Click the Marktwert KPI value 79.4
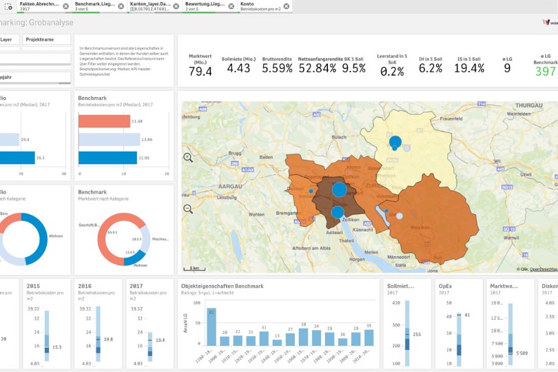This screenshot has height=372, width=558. pyautogui.click(x=200, y=71)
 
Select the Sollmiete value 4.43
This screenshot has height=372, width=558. pyautogui.click(x=238, y=68)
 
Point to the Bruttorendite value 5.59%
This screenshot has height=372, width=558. pyautogui.click(x=277, y=68)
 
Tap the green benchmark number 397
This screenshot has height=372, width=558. pyautogui.click(x=545, y=72)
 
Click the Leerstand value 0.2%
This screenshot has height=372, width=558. pyautogui.click(x=392, y=72)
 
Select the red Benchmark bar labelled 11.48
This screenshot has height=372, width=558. pyautogui.click(x=104, y=121)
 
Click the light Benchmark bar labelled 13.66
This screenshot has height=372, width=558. pyautogui.click(x=109, y=140)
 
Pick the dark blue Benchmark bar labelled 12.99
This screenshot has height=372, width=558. pyautogui.click(x=107, y=158)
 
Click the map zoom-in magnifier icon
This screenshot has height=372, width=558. pyautogui.click(x=188, y=158)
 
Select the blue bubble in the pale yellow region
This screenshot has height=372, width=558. pyautogui.click(x=395, y=143)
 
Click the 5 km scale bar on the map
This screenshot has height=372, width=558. pyautogui.click(x=194, y=268)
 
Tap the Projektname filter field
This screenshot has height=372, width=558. pyautogui.click(x=44, y=40)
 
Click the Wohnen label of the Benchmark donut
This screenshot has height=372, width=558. pyautogui.click(x=140, y=265)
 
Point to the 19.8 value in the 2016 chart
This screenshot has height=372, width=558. pyautogui.click(x=109, y=340)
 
